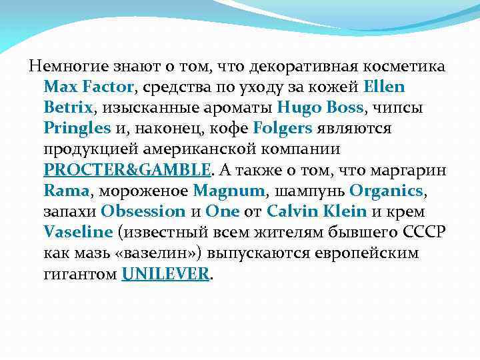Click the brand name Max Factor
pyautogui.click(x=89, y=87)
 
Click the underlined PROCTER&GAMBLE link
pyautogui.click(x=127, y=169)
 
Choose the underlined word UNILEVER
pyautogui.click(x=165, y=274)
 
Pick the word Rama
pyautogui.click(x=66, y=191)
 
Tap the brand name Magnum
pyautogui.click(x=229, y=191)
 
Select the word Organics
pyautogui.click(x=386, y=191)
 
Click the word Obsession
pyautogui.click(x=143, y=211)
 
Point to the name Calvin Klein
pyautogui.click(x=317, y=211)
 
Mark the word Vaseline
pyautogui.click(x=77, y=233)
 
